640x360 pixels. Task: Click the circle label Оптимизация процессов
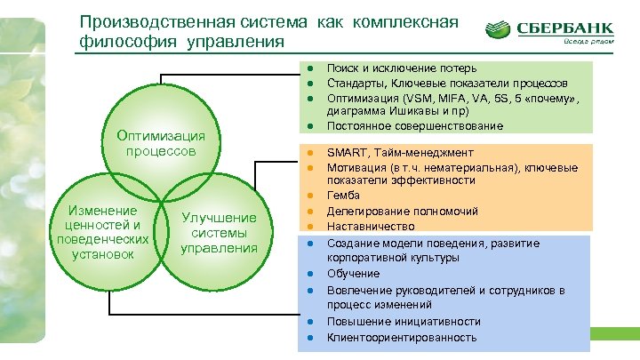pos(161,143)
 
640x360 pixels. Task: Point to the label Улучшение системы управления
pos(219,233)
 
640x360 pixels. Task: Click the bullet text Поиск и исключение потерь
pos(402,68)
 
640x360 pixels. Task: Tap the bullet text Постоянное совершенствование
pos(415,126)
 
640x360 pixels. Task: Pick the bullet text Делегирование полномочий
pos(403,212)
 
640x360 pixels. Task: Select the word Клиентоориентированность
pos(402,338)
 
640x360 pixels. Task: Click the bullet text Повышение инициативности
pos(404,322)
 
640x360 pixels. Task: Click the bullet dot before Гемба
pos(312,196)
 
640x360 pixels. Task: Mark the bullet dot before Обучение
pos(312,274)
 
